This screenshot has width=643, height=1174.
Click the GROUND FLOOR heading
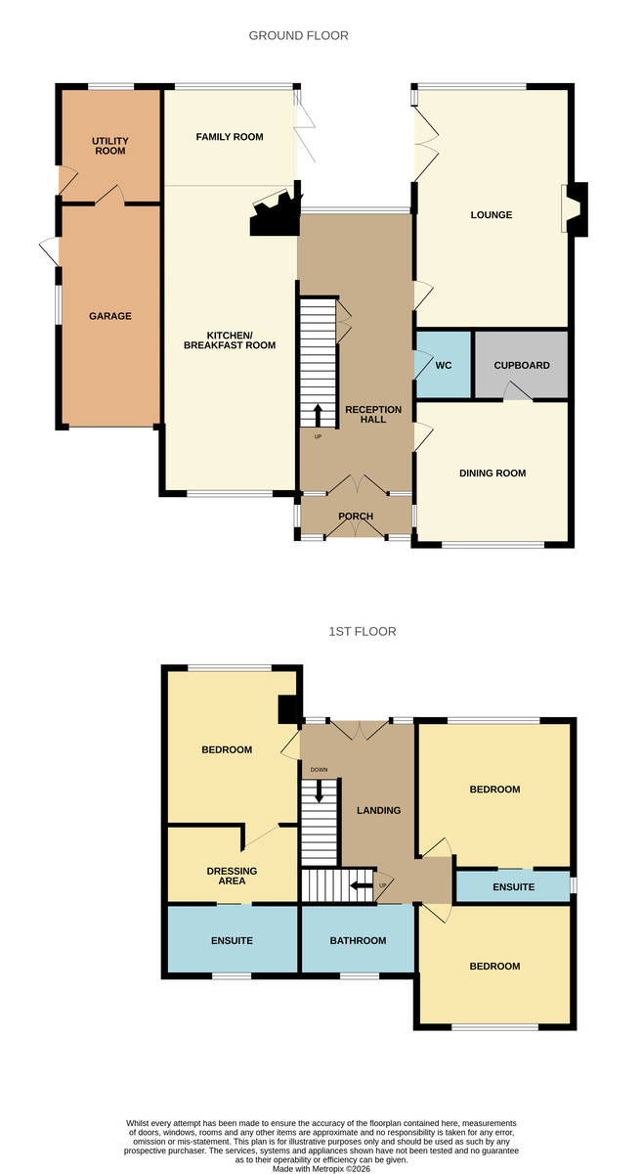[298, 35]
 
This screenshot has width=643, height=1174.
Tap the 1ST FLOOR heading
[363, 632]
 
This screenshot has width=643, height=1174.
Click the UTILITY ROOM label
[110, 146]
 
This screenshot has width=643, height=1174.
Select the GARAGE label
[110, 316]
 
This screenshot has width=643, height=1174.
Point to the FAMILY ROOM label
[230, 137]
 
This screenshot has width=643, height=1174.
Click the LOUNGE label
[492, 215]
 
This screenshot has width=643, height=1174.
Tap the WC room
[443, 364]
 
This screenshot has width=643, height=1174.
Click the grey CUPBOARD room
[522, 364]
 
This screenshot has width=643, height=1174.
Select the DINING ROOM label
[493, 474]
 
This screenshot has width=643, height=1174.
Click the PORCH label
[356, 517]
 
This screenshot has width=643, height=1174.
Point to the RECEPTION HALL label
[373, 415]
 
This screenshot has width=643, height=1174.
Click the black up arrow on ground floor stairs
[318, 415]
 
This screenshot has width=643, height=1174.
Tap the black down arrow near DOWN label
[319, 790]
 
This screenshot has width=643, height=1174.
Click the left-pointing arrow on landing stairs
[361, 885]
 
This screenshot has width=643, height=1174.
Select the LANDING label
[378, 811]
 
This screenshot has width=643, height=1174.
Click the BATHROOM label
[359, 941]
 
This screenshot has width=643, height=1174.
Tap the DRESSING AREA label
[232, 876]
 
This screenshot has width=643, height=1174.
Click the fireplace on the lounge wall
[575, 208]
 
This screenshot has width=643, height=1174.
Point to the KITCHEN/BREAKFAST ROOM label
[230, 340]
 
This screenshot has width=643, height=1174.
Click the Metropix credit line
[321, 1169]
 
